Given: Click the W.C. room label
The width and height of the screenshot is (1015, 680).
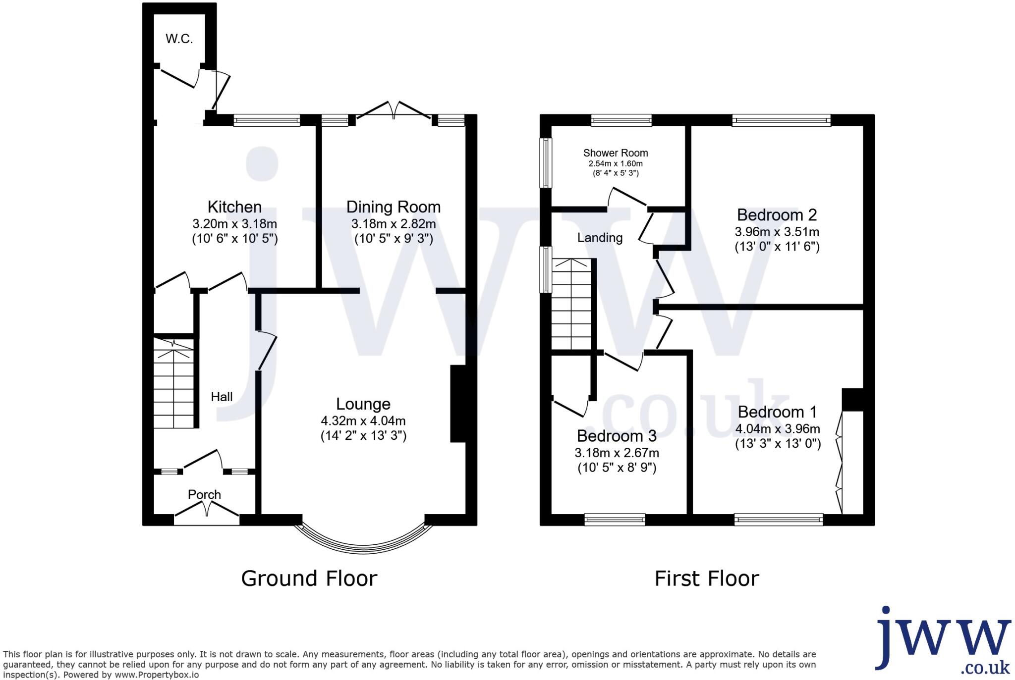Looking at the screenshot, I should [x=179, y=39].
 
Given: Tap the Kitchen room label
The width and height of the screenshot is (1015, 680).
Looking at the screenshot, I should [x=234, y=207].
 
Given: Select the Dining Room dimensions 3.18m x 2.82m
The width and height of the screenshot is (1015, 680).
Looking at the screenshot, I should [x=394, y=224].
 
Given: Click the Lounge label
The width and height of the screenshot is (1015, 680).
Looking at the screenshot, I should [x=363, y=404].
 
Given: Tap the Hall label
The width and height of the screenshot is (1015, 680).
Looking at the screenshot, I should [x=222, y=397].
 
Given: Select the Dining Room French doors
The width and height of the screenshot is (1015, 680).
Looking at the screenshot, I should [x=394, y=110].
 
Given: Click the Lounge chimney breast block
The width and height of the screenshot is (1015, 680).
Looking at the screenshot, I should [x=458, y=404].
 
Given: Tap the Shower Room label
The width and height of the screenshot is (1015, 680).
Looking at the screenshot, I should [x=616, y=153].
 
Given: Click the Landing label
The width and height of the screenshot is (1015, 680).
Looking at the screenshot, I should [x=600, y=238].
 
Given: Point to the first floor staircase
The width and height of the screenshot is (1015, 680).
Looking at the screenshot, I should [x=572, y=305].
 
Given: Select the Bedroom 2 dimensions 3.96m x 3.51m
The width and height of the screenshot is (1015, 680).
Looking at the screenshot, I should [x=777, y=232].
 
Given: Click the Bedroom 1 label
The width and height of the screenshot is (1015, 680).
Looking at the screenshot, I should [x=777, y=412].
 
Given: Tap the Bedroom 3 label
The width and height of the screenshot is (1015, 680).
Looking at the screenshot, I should [x=617, y=436].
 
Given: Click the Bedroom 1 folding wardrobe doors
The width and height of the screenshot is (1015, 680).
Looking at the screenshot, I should [x=839, y=463].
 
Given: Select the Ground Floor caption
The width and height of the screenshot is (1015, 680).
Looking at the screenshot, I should [x=309, y=578].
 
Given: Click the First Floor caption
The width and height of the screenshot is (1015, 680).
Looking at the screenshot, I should [x=707, y=578].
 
